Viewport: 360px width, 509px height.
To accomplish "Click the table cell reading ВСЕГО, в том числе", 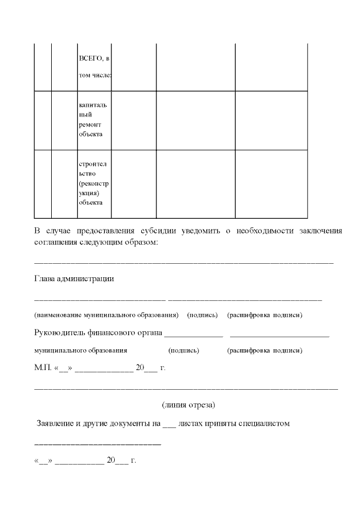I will pos(94,66).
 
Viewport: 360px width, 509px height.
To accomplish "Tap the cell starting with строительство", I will pos(94,183).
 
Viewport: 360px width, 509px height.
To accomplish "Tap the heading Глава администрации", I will pos(74,278).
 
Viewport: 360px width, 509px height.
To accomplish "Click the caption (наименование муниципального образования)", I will pos(106,315).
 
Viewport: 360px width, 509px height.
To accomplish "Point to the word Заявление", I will pos(57,424).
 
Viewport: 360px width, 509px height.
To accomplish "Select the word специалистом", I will pos(264,424).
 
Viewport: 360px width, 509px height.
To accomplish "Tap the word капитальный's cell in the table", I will pos(94,120).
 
